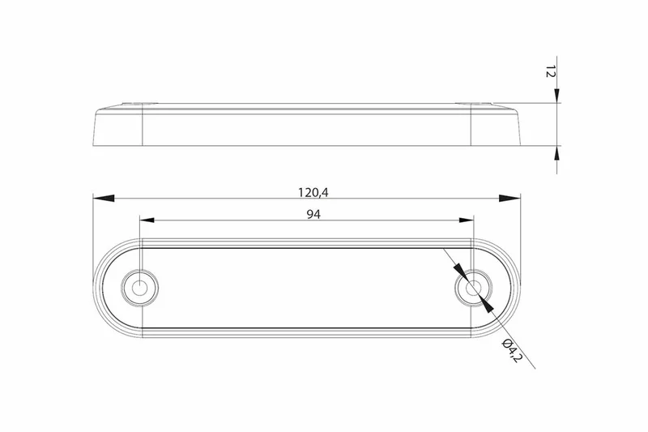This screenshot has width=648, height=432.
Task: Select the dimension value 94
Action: (x=305, y=214)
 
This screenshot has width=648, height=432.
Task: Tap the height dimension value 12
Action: (x=550, y=74)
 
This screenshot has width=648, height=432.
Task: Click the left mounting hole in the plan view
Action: (x=140, y=288)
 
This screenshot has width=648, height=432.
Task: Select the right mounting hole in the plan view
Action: (x=471, y=288)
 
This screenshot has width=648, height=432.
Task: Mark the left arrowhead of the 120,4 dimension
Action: (x=102, y=197)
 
